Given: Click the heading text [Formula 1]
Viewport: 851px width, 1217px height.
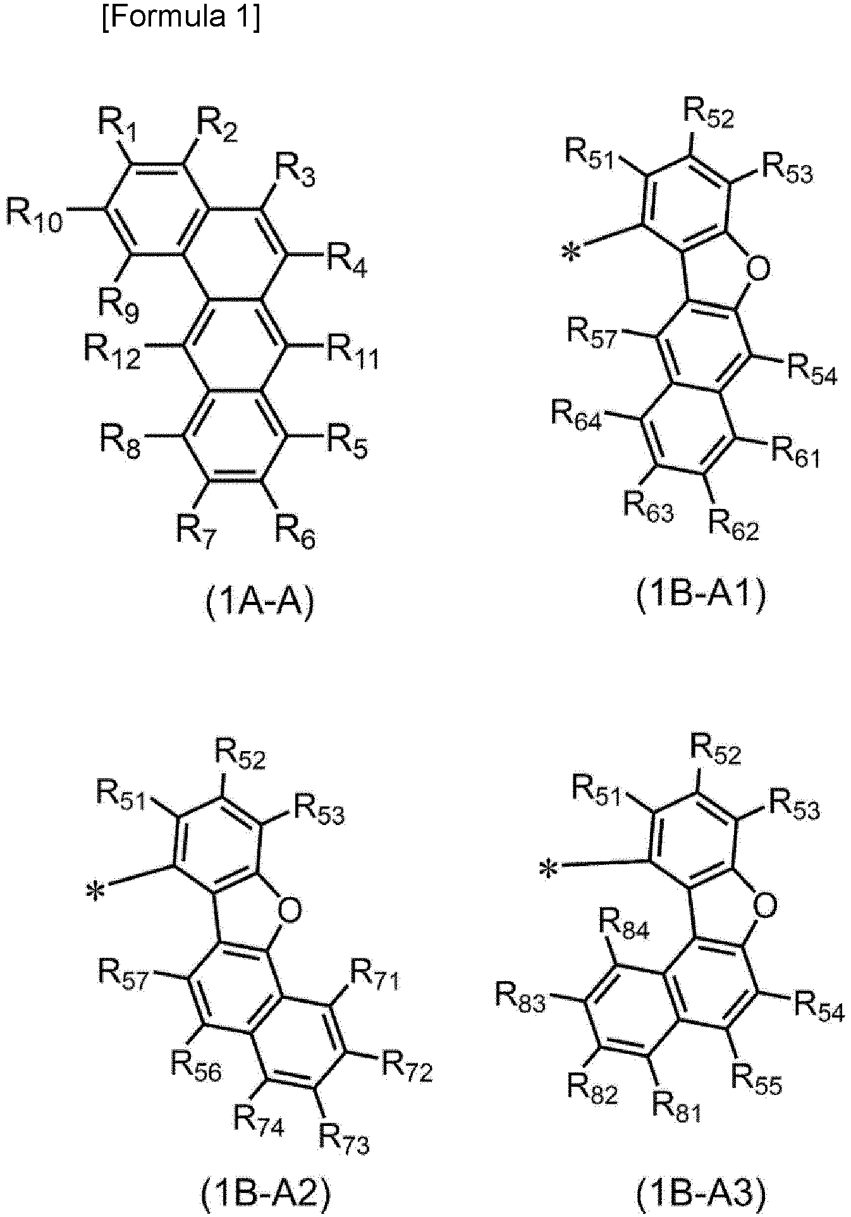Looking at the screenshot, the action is coord(180,19).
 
